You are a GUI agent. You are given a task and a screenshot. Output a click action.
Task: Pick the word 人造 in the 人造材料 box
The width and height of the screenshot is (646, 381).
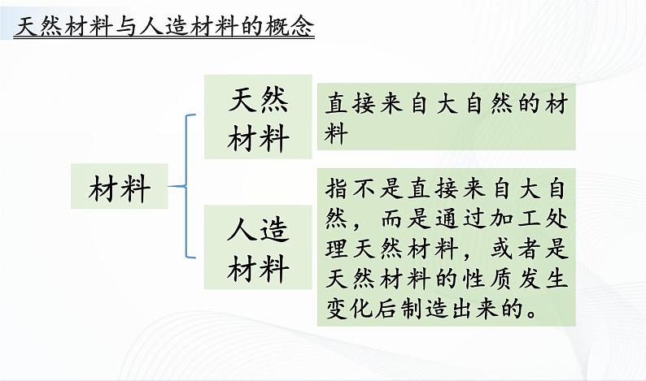(259, 231)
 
